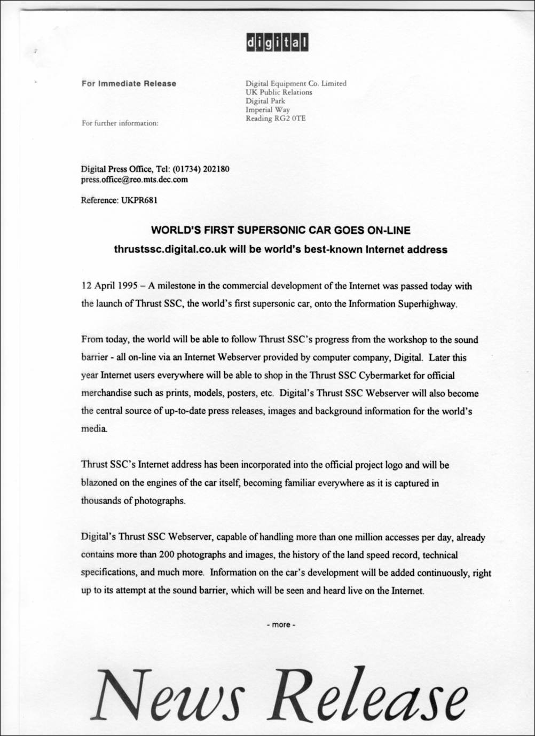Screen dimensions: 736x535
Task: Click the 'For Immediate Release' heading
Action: point(129,83)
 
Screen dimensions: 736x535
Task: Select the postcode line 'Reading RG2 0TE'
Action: point(276,118)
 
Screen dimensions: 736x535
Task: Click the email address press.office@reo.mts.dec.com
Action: point(134,179)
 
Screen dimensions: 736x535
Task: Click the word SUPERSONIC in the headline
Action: point(273,231)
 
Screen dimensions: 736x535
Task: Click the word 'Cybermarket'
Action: point(382,375)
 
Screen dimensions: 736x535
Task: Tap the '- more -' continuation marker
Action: point(280,624)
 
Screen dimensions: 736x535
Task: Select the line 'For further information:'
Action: point(120,123)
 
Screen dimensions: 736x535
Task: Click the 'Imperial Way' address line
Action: point(267,109)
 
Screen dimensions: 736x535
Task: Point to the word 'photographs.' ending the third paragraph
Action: point(162,501)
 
